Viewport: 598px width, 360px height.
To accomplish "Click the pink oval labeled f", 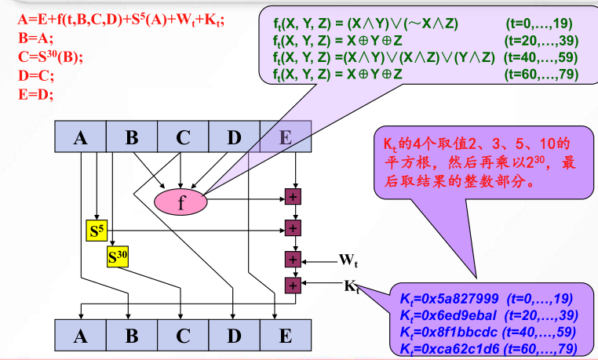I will (x=181, y=202).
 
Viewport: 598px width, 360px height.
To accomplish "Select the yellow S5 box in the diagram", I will (x=96, y=231).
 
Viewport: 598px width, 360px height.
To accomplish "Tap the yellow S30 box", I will (x=119, y=256).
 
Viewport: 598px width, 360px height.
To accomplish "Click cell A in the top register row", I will (x=81, y=138).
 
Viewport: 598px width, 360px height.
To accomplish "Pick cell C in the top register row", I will (x=183, y=138).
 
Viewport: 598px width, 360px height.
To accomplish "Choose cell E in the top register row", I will (x=285, y=138).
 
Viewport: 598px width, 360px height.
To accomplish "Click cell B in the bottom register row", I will (x=132, y=336).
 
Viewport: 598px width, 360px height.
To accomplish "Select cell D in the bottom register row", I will (x=234, y=336).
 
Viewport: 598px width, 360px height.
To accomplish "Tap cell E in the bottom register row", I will (x=285, y=336).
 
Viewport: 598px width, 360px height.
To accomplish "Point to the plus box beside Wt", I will (x=294, y=259).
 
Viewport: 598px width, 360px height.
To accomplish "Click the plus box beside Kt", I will (x=294, y=285).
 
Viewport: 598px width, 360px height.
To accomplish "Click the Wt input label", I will (x=348, y=258).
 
